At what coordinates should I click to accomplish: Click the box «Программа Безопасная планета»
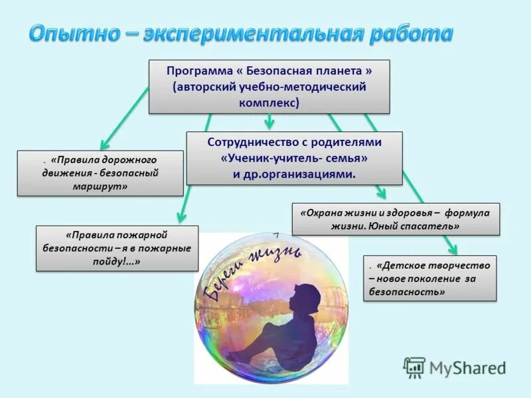pos(269,86)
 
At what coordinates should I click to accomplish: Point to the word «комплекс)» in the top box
pos(269,103)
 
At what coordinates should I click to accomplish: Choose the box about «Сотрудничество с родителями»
pos(294,158)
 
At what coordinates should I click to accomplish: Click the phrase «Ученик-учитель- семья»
pos(294,158)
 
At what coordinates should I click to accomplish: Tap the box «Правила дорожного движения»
pos(100,173)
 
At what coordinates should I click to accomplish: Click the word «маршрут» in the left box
pos(100,186)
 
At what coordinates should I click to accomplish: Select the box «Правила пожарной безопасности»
pos(116,248)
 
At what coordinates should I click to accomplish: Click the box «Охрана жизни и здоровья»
pos(396,219)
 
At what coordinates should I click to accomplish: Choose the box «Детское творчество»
pos(429,278)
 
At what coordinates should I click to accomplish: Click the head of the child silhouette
pos(308,295)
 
